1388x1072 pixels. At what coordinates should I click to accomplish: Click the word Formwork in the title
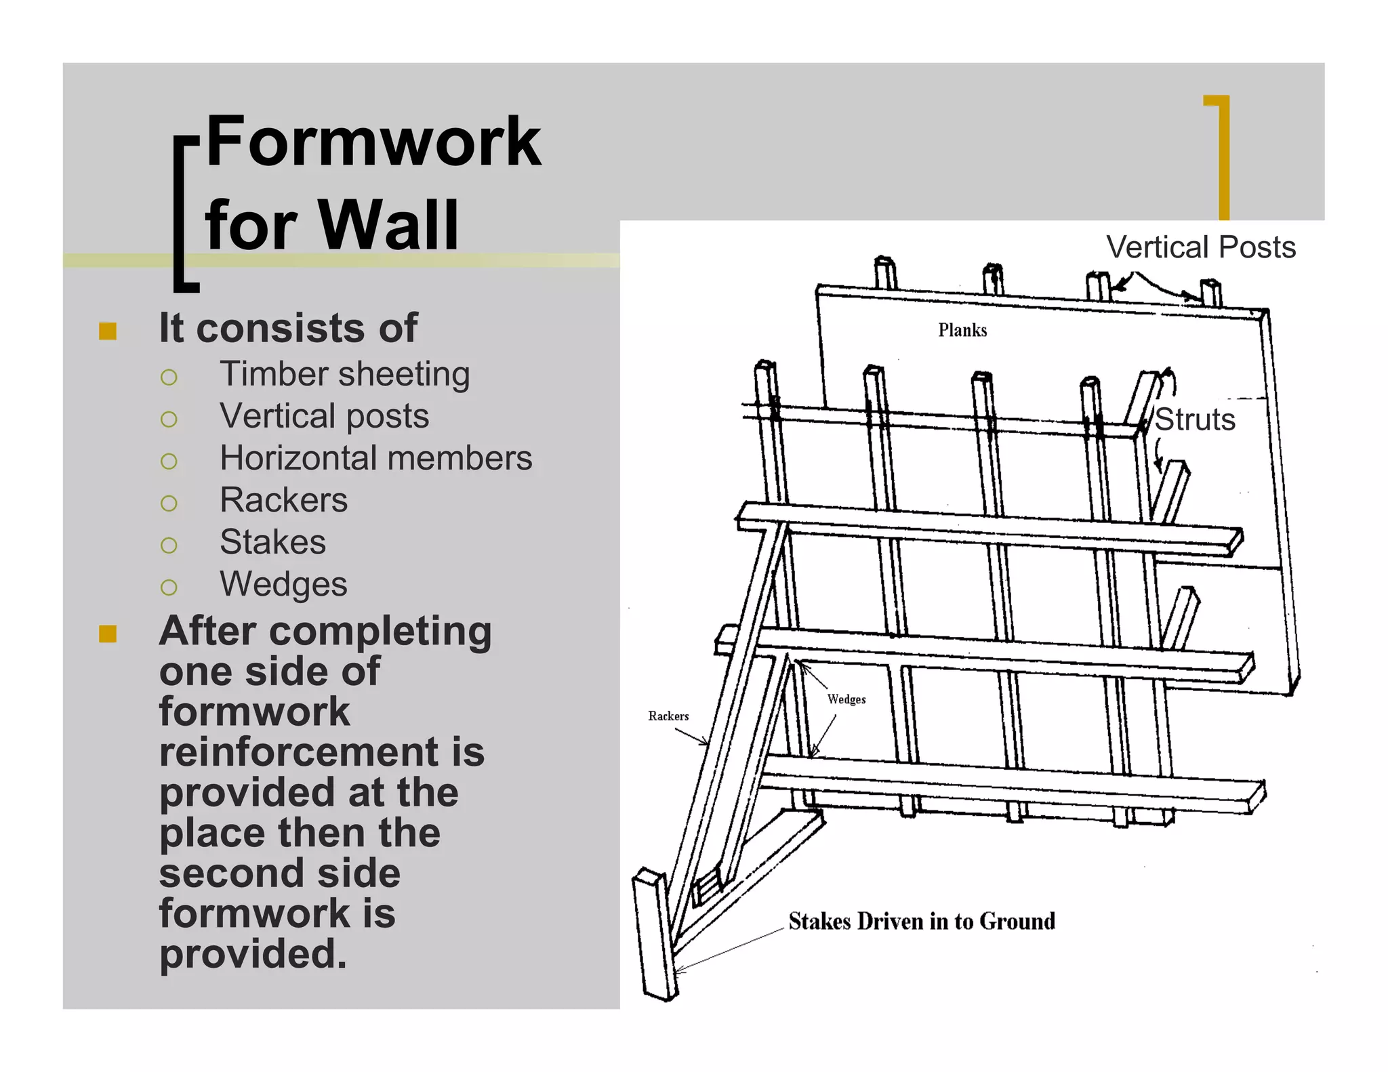[x=373, y=142]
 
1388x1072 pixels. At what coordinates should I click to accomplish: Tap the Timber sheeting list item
[x=344, y=374]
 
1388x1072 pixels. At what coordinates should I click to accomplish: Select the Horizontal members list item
[x=375, y=458]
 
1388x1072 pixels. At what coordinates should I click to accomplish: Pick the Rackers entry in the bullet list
[x=283, y=500]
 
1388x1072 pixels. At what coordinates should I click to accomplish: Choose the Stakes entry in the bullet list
[x=272, y=542]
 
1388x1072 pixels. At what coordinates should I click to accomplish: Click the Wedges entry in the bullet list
[x=283, y=584]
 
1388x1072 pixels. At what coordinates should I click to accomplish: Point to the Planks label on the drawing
[x=962, y=330]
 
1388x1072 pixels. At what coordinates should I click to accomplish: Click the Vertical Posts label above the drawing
[x=1200, y=247]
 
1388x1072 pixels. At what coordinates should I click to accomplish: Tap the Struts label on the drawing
[x=1195, y=419]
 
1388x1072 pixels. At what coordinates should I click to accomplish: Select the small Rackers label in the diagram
[x=668, y=716]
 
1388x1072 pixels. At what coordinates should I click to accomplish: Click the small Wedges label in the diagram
[x=846, y=699]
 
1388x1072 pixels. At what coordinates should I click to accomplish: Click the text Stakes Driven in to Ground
[x=922, y=922]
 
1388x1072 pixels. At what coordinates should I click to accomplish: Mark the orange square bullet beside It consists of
[x=108, y=331]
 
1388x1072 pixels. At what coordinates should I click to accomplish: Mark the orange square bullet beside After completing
[x=108, y=634]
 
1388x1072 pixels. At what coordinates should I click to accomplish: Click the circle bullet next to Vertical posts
[x=169, y=419]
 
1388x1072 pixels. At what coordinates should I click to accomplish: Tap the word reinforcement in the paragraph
[x=322, y=752]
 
